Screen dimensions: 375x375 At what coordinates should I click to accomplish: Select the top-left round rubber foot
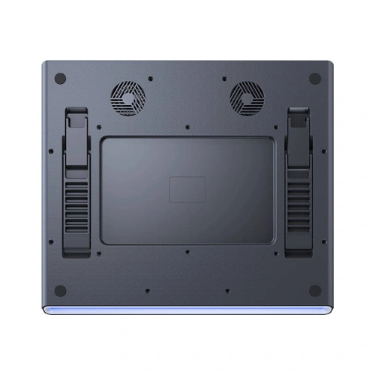[x=61, y=78]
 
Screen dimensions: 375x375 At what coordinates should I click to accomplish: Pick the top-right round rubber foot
[x=315, y=78]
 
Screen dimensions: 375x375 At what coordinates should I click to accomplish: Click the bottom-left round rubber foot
[x=61, y=290]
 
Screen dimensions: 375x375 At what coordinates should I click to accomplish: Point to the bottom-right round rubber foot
[x=315, y=290]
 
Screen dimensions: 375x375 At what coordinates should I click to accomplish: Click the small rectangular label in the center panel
[x=187, y=189]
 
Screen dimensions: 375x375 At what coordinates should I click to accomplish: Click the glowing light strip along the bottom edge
[x=187, y=310]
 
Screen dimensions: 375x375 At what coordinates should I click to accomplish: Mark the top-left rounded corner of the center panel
[x=103, y=139]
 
